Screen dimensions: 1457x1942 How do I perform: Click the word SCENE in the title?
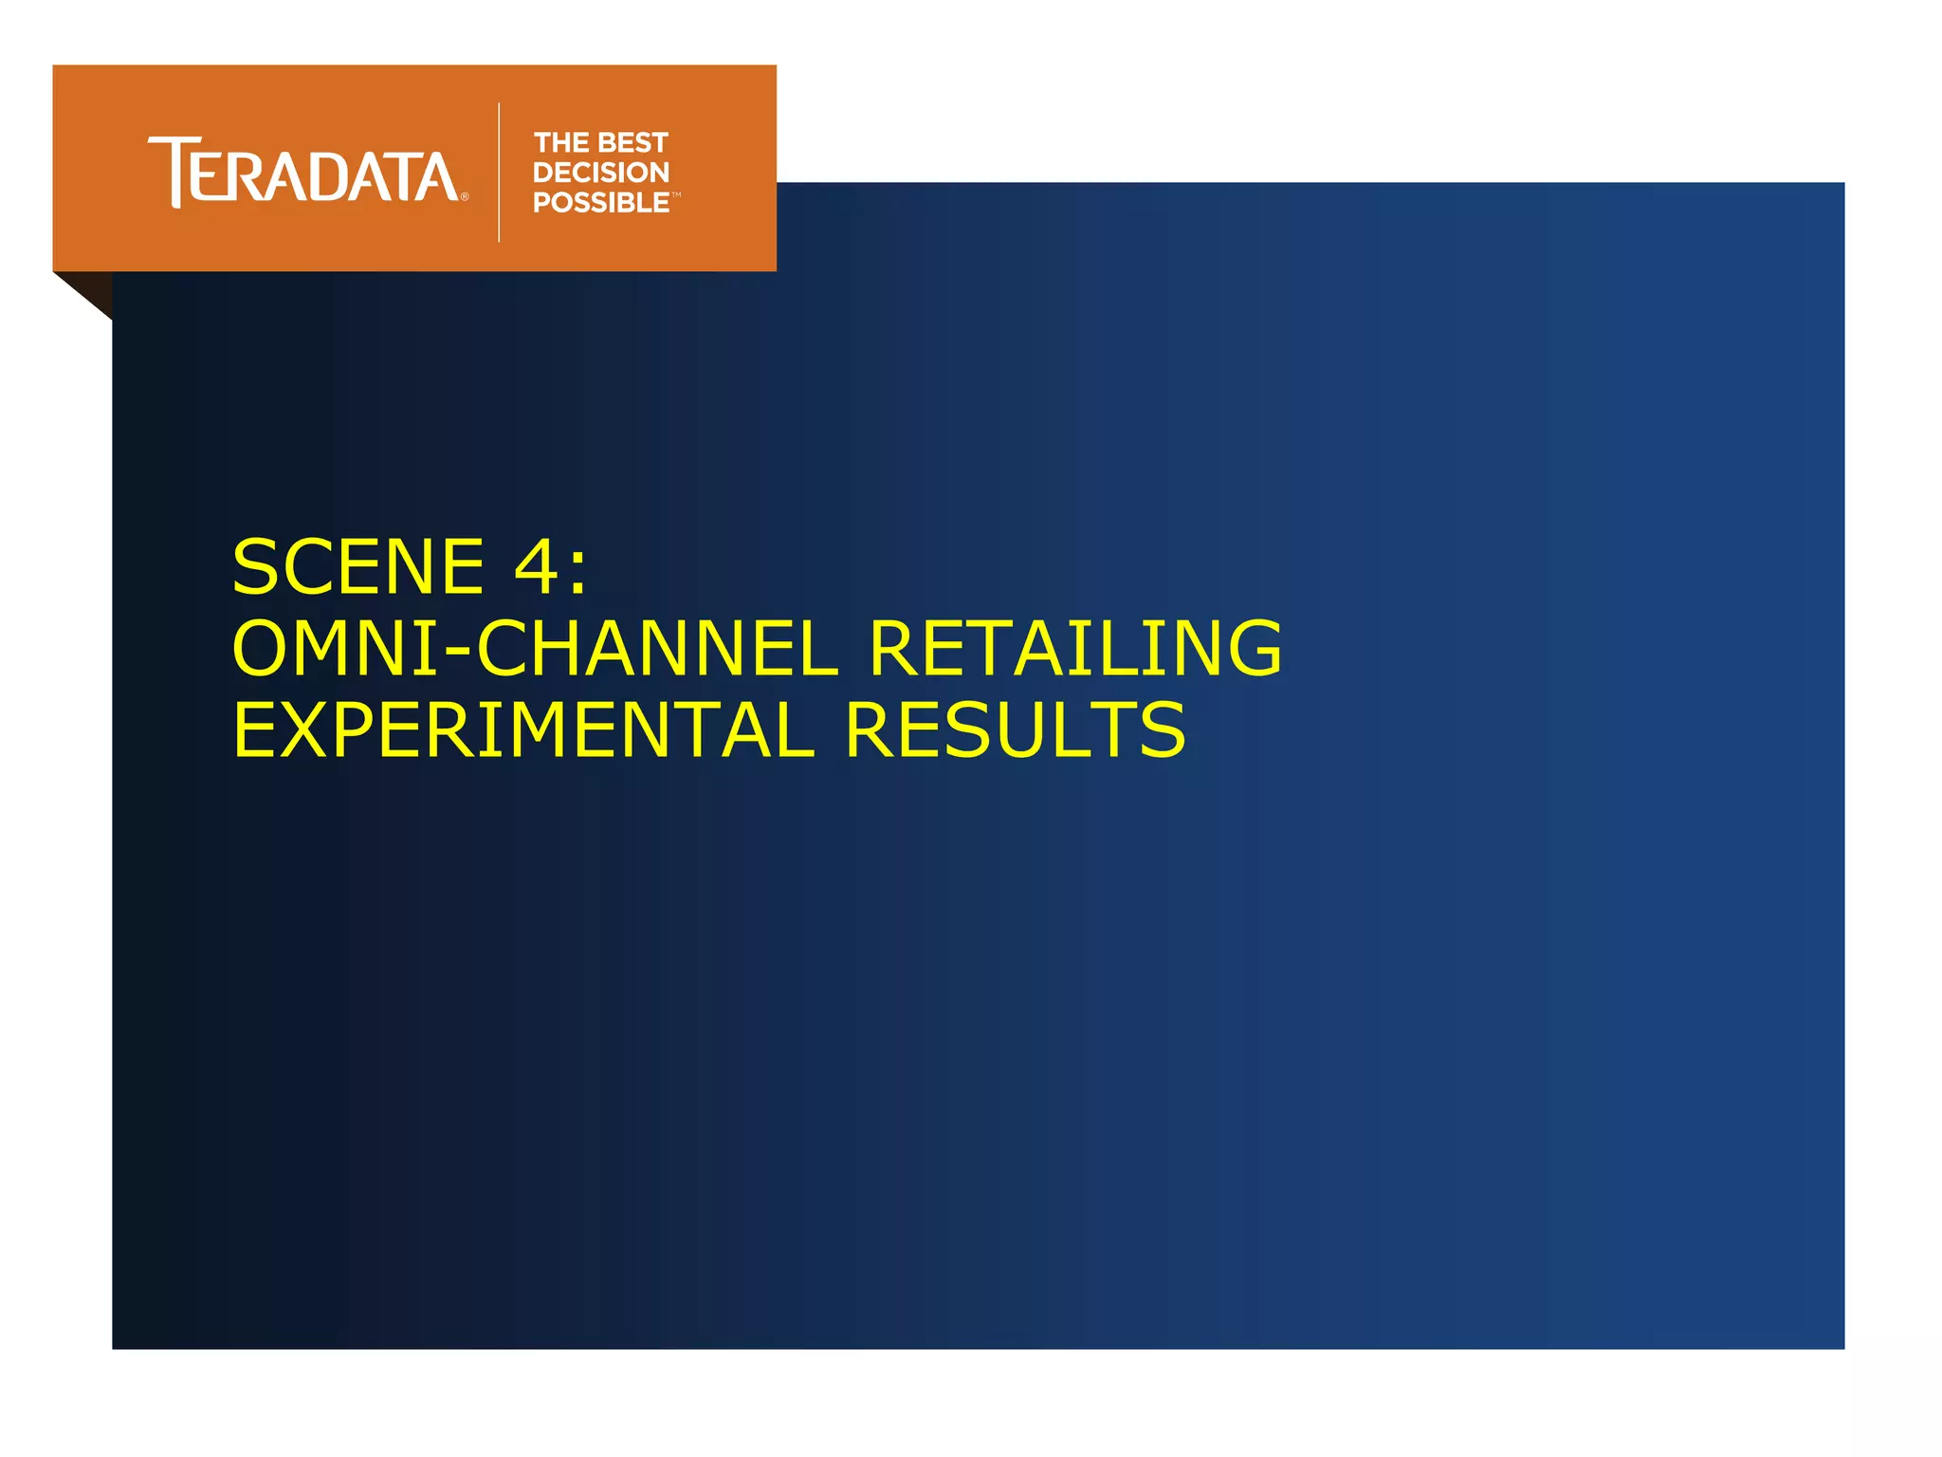358,567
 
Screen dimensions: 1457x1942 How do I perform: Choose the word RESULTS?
1015,730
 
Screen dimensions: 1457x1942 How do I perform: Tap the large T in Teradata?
172,171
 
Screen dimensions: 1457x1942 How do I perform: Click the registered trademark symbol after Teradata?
465,197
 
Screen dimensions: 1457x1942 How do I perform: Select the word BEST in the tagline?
633,142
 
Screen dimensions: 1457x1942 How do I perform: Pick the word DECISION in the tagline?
601,173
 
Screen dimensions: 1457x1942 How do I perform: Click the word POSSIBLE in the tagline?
601,203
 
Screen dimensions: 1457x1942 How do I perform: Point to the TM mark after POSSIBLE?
676,194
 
